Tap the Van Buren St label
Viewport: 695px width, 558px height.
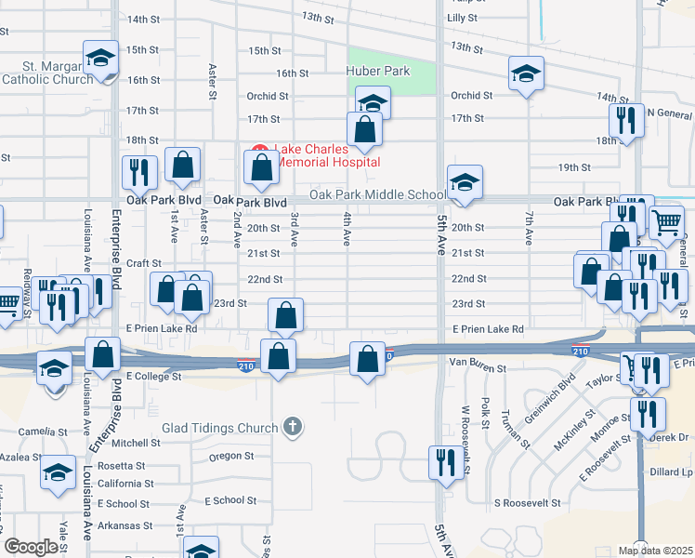tap(477, 368)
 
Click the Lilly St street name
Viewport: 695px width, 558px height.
tap(462, 18)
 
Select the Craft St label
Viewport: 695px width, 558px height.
tap(144, 263)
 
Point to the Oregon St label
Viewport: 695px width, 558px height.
tap(231, 456)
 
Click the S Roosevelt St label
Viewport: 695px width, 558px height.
tap(527, 502)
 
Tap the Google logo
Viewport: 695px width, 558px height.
tap(32, 547)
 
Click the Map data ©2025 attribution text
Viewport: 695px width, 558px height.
tap(656, 551)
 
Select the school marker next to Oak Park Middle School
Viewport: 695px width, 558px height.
tap(465, 182)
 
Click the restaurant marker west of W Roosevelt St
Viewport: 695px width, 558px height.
tap(445, 462)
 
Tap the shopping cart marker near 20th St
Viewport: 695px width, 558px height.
tap(666, 223)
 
